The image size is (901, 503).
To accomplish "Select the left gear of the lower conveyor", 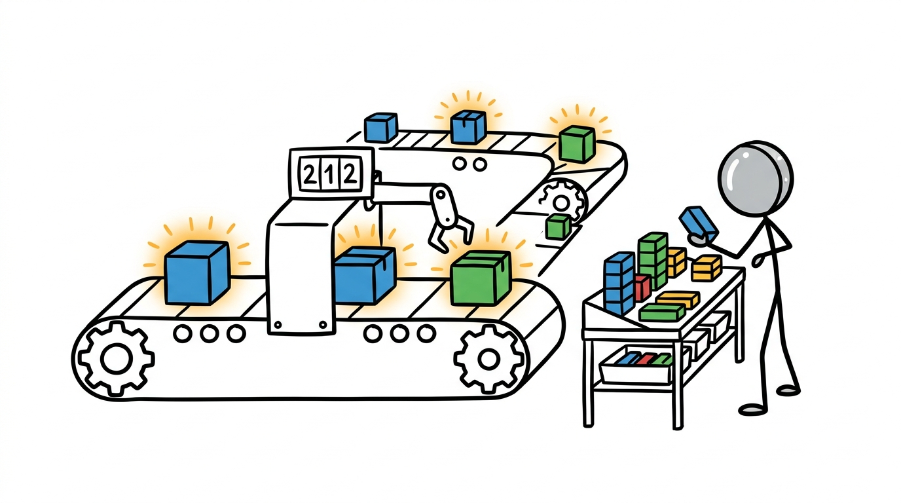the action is [116, 358].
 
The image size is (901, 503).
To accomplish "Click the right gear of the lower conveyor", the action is [488, 358].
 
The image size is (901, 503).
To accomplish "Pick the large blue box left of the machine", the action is [196, 272].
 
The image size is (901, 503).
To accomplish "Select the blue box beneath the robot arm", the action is [365, 276].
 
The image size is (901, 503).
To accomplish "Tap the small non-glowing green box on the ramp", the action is [559, 226].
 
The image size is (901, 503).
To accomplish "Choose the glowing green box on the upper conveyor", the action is [577, 144].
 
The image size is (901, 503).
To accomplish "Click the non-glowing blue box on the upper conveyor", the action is [380, 127].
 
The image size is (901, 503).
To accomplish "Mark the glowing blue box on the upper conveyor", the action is [468, 127].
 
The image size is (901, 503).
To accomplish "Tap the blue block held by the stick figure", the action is [698, 221].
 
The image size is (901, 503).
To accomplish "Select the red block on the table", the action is [642, 288].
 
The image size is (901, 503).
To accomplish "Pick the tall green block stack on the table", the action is [653, 260].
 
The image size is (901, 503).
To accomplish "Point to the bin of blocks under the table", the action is [636, 365].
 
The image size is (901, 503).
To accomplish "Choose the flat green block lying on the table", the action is [662, 312].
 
